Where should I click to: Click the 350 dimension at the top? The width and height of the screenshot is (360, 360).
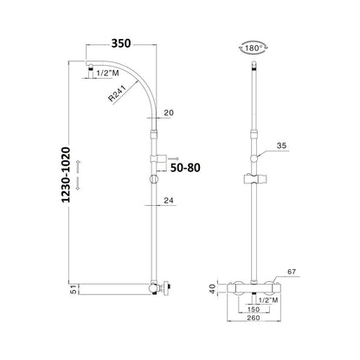[121, 43]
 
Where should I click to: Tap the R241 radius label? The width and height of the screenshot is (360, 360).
[118, 93]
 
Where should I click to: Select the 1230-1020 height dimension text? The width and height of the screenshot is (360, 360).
[66, 175]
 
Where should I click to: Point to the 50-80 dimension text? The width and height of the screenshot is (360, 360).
[185, 168]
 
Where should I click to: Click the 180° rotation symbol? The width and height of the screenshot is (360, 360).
[254, 48]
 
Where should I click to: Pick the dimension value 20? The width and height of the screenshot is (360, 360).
[169, 112]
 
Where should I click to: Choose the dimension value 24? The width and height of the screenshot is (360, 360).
[170, 201]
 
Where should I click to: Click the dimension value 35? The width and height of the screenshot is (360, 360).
[281, 145]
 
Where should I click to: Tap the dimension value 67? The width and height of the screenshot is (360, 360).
[292, 272]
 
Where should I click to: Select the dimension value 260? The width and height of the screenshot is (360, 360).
[254, 318]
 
